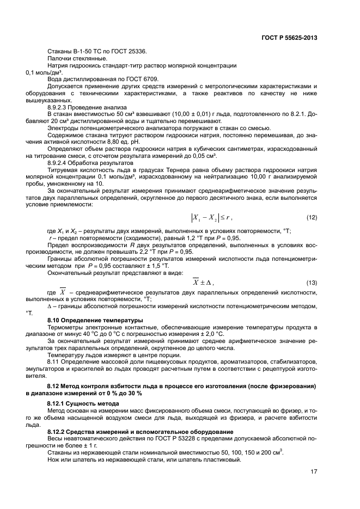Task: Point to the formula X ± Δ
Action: pos(204,282)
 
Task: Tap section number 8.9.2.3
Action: pos(60,107)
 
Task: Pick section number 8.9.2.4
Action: pos(60,163)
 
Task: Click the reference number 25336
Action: pos(136,52)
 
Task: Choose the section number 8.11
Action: pos(54,362)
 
